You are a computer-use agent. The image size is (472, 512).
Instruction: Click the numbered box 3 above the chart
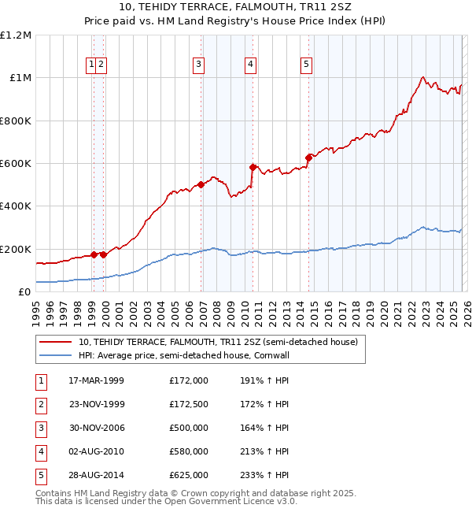point(199,65)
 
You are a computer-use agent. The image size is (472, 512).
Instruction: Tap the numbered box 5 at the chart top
point(305,65)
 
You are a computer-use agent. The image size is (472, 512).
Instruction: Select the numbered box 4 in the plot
point(249,65)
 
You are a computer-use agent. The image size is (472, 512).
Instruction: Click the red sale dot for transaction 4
point(253,167)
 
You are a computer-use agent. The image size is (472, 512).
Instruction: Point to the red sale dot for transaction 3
point(201,184)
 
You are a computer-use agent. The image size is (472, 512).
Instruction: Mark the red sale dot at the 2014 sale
point(308,158)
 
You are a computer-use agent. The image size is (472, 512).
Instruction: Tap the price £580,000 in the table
point(189,451)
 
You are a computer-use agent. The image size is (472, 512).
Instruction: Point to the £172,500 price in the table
point(189,404)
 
